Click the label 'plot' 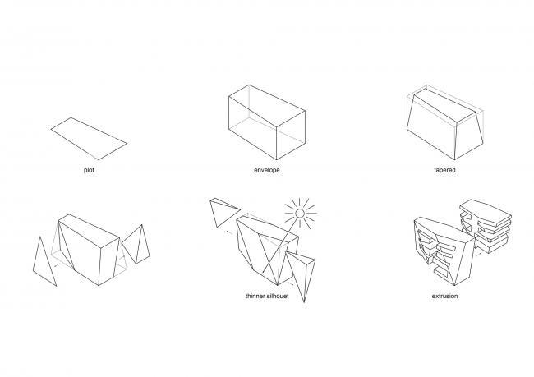tap(89, 169)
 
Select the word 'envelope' tap(267, 169)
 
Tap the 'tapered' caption tap(444, 169)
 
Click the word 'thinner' tap(255, 296)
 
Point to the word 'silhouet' tap(278, 296)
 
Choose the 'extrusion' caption tap(444, 296)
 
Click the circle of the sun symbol tap(300, 214)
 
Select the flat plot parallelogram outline tap(51, 130)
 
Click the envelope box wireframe tap(229, 113)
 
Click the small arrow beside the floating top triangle tap(229, 232)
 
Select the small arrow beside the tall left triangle tap(57, 264)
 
